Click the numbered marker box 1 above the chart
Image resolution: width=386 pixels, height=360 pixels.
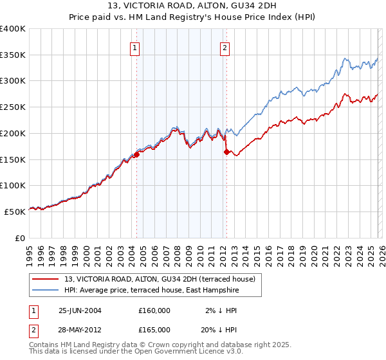pos(135,47)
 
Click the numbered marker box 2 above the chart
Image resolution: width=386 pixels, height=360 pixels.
pos(225,47)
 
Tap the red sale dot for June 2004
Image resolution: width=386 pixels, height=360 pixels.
pos(137,154)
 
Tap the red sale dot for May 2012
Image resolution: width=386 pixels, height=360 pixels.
pos(226,152)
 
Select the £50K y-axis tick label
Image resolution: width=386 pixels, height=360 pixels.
pos(15,212)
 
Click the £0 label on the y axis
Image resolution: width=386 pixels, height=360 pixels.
pos(21,238)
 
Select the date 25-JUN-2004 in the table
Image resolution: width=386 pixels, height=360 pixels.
pos(80,310)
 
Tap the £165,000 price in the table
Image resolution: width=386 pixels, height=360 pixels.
pos(154,330)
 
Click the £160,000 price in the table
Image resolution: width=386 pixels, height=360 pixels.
pos(154,310)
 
